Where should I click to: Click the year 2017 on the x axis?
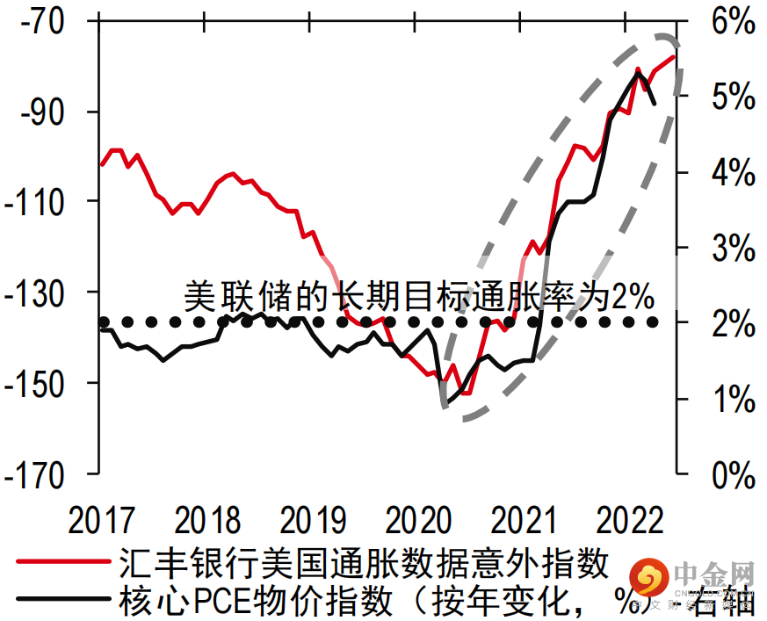click(101, 520)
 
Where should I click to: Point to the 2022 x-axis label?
click(629, 520)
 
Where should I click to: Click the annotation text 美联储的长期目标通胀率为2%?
click(419, 296)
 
